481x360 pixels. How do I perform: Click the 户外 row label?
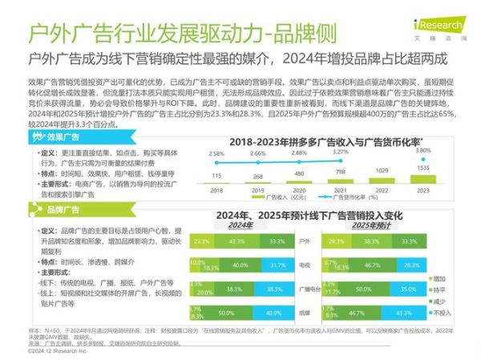[x=304, y=241]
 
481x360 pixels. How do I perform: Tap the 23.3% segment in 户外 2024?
[x=201, y=241]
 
